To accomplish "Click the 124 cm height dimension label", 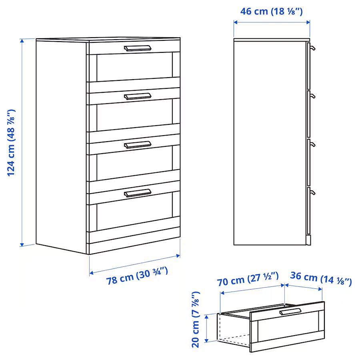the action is [x=11, y=143].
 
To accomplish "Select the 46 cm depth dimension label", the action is [x=271, y=11].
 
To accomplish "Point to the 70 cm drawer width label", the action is [x=248, y=279].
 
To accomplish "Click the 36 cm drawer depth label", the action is [x=321, y=278].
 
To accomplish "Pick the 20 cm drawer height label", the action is [x=196, y=320].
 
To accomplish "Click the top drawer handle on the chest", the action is [x=138, y=48].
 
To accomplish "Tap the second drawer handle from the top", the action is [x=138, y=96].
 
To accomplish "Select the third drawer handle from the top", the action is [x=138, y=145].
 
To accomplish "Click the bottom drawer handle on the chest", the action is [x=138, y=193].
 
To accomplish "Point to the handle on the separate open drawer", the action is [x=290, y=312].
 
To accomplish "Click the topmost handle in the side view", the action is [x=312, y=48].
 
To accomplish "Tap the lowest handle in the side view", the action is [x=312, y=192].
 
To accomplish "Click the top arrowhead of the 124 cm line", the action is [x=22, y=41].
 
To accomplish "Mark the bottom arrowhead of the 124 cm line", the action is [x=22, y=244].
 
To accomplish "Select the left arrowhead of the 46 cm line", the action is [x=236, y=22].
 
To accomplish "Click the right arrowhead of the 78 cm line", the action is [x=178, y=256].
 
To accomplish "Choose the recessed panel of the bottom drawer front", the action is [x=134, y=212].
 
